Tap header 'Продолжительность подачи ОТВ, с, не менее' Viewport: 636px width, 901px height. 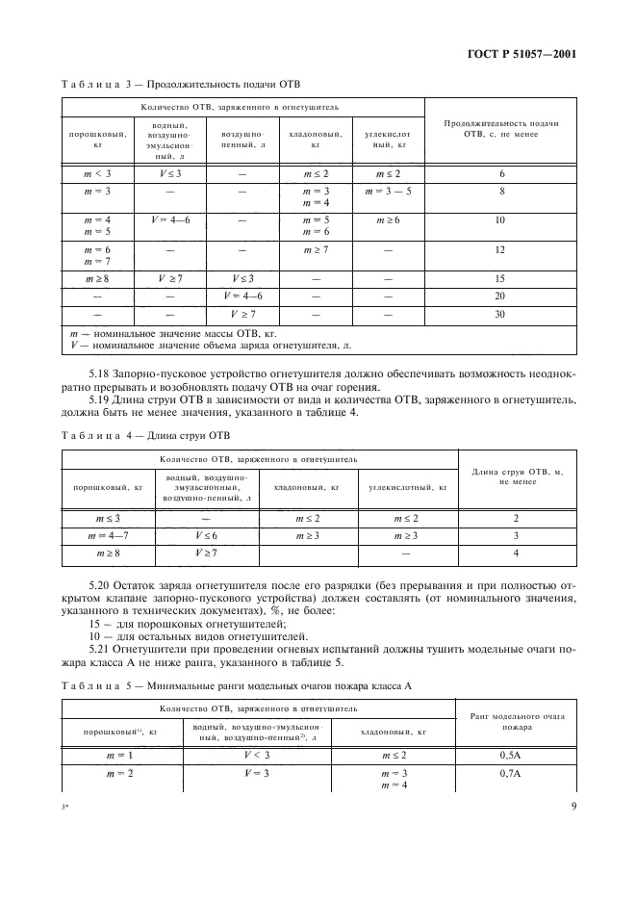point(500,129)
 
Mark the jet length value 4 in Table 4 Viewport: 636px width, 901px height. point(516,553)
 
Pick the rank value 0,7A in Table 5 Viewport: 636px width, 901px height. point(515,774)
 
